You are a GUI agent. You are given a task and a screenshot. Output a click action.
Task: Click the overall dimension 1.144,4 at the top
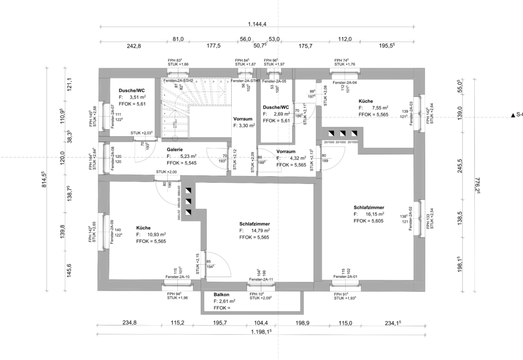pyautogui.click(x=257, y=24)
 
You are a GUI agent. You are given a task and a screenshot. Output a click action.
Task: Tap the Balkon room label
pyautogui.click(x=221, y=295)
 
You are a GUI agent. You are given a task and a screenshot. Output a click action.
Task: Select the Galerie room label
pyautogui.click(x=174, y=150)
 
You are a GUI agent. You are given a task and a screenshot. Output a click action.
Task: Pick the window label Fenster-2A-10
pyautogui.click(x=177, y=277)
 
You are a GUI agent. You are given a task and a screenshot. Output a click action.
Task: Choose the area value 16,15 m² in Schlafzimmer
pyautogui.click(x=375, y=214)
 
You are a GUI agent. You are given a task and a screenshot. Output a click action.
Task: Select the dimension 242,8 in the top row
pyautogui.click(x=134, y=46)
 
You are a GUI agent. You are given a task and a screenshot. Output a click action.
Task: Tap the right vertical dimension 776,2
pyautogui.click(x=477, y=184)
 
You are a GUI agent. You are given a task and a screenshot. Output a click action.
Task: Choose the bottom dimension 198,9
pyautogui.click(x=302, y=323)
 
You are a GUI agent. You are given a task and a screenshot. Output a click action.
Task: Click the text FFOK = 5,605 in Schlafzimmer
pyautogui.click(x=369, y=221)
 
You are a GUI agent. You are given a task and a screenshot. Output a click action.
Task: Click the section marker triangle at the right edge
pyautogui.click(x=513, y=116)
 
